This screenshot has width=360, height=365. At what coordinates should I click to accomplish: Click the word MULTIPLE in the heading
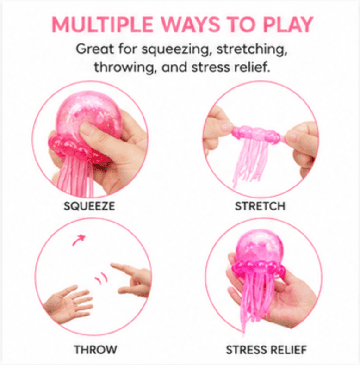click(102, 25)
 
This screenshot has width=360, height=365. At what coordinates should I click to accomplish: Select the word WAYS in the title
click(191, 25)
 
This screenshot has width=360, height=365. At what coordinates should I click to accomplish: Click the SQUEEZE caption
click(89, 206)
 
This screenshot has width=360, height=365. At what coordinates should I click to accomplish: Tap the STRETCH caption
click(260, 206)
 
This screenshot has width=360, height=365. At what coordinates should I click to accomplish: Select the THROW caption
click(95, 350)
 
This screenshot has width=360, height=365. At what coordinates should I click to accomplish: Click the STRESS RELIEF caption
click(267, 350)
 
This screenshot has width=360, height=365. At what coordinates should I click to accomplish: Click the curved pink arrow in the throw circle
click(79, 240)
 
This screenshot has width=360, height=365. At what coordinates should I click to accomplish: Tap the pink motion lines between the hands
click(100, 278)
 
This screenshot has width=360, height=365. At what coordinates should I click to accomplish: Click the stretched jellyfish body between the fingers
click(256, 134)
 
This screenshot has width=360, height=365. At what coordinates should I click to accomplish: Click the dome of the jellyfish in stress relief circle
click(260, 246)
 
